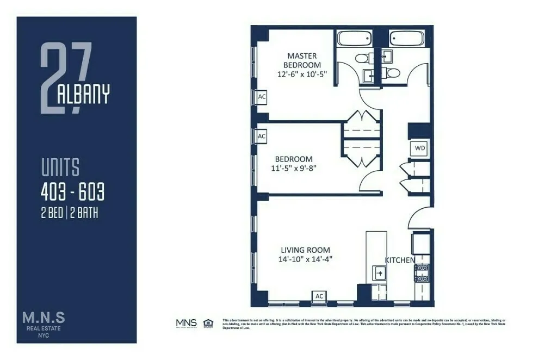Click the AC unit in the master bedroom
tap(262, 96)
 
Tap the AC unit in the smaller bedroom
tap(261, 136)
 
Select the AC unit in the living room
tap(319, 296)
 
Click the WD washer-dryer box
tap(420, 148)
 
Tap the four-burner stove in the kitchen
tap(422, 273)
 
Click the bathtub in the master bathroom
tap(354, 39)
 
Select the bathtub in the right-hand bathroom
tap(407, 39)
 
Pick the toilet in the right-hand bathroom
tap(393, 72)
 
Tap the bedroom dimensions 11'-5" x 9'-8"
tap(294, 168)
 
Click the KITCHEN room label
tap(400, 260)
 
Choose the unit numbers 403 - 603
tap(72, 191)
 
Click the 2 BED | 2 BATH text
tap(70, 213)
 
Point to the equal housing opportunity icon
tap(208, 323)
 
